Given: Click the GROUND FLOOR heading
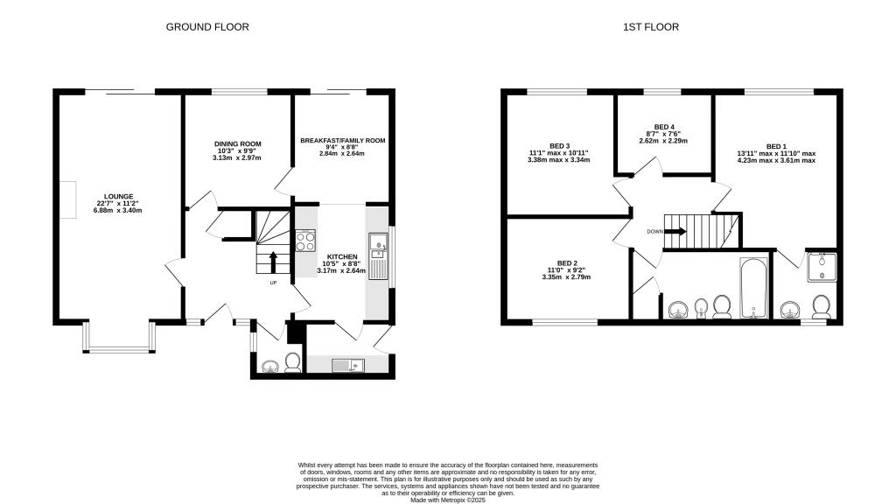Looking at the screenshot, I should [207, 27].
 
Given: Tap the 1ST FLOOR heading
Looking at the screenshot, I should [650, 27].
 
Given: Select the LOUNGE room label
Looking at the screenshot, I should [118, 197].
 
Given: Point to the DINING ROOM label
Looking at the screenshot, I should [238, 143].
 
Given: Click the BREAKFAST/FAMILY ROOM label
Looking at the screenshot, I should [342, 140].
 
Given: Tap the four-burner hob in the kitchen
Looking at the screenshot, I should [305, 240].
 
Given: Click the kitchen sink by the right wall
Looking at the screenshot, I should [378, 242].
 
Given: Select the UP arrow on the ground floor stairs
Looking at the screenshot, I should [273, 262].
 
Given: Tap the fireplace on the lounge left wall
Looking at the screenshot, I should [66, 194].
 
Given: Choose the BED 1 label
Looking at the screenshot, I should [776, 146].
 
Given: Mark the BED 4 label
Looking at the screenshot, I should [665, 127].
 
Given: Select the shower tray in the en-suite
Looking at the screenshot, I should [822, 267].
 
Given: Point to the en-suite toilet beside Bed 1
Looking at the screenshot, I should [822, 307].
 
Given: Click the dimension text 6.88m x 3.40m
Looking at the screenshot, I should [118, 210].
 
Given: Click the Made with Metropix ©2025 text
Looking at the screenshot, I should [447, 499].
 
